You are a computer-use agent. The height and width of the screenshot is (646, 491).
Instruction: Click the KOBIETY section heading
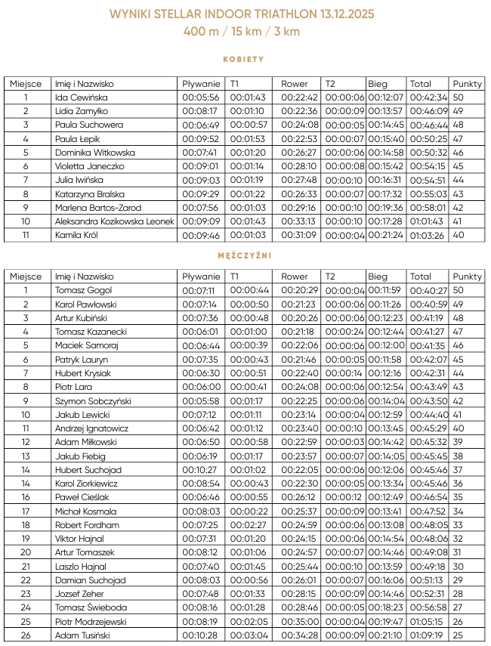click(x=243, y=59)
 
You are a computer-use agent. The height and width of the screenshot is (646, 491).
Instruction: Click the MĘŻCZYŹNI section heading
click(x=243, y=255)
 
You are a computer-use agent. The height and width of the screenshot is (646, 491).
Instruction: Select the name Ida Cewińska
click(x=82, y=97)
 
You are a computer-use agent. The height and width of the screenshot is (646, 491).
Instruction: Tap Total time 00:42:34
click(x=428, y=97)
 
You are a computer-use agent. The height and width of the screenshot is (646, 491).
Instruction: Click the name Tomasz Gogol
click(x=83, y=290)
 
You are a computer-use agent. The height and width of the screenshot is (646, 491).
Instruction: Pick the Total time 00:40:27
click(x=428, y=290)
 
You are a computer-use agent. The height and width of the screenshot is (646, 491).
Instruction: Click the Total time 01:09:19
click(x=428, y=635)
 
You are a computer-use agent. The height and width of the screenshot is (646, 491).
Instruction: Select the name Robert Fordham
click(x=87, y=525)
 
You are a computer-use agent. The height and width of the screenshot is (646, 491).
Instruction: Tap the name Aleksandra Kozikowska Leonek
click(x=115, y=221)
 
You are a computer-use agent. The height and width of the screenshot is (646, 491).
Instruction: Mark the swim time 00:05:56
click(x=201, y=97)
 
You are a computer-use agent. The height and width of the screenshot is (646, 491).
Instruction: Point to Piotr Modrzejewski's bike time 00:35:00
click(x=300, y=622)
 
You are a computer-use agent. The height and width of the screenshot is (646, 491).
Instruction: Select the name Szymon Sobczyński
click(x=94, y=400)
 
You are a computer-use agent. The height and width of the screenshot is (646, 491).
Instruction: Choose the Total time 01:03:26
click(x=428, y=235)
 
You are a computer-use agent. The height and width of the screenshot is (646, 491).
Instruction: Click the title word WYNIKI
click(x=129, y=14)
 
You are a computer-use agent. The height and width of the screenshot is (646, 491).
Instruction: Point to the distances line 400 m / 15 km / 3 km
click(x=242, y=32)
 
